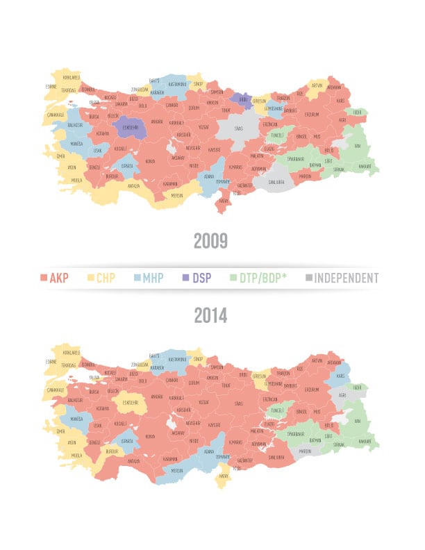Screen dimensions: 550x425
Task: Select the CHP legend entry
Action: pyautogui.click(x=101, y=278)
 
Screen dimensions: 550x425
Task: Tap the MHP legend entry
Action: pyautogui.click(x=148, y=278)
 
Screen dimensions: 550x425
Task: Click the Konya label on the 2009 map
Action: pyautogui.click(x=149, y=161)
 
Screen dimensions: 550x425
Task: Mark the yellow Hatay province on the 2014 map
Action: pyautogui.click(x=224, y=476)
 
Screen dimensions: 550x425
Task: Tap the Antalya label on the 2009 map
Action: pyautogui.click(x=133, y=185)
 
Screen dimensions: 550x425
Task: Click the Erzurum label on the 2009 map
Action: pyautogui.click(x=311, y=115)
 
